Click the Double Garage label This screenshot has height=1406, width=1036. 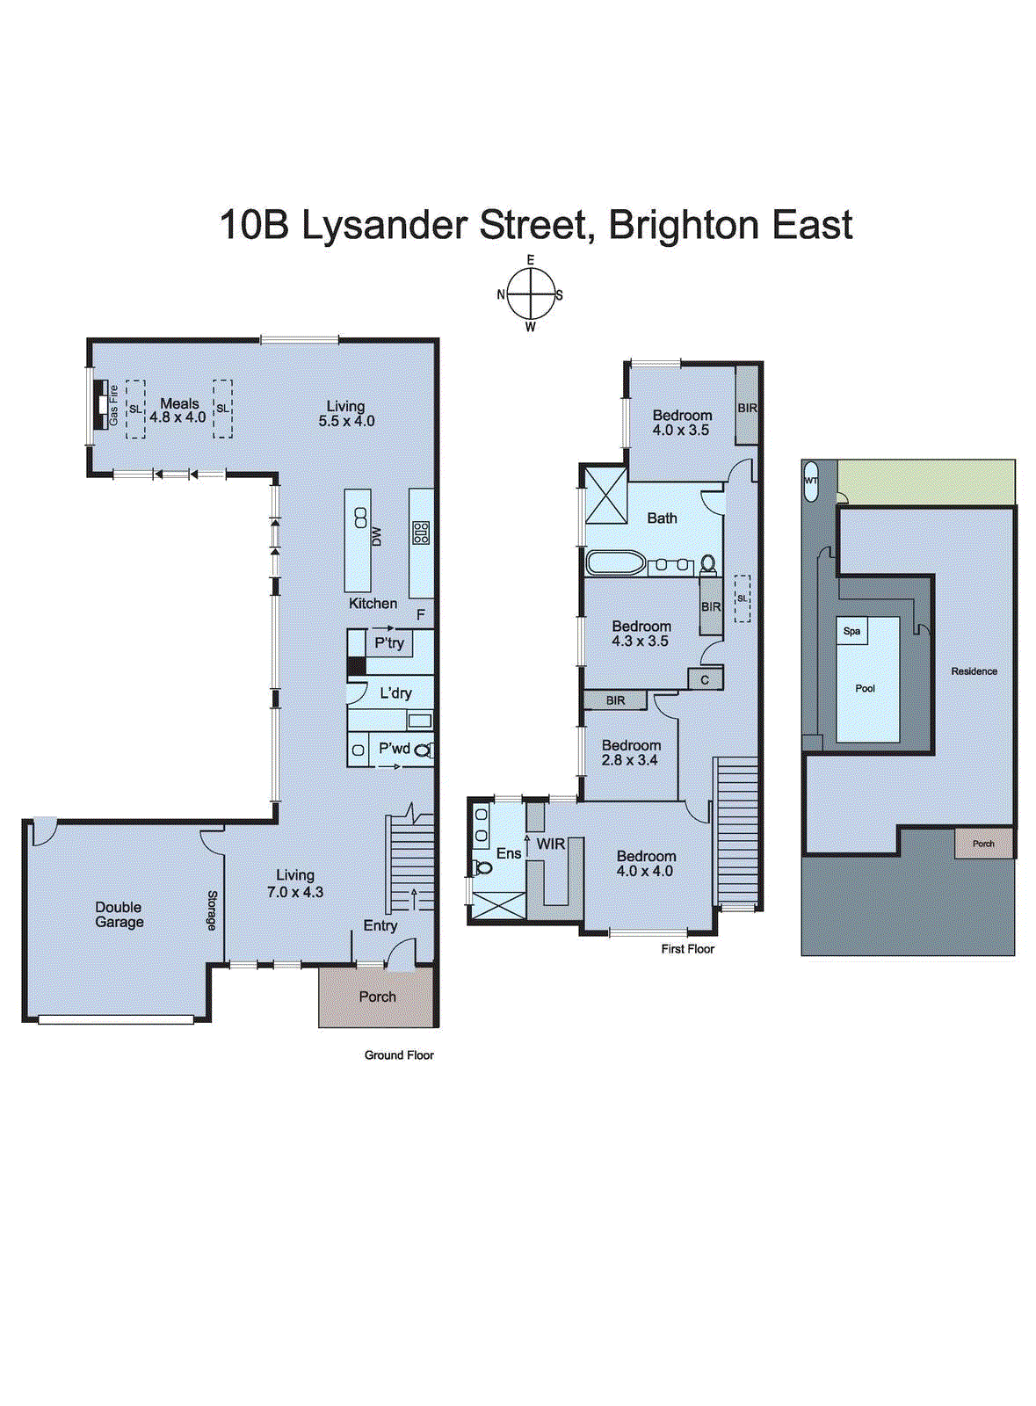pos(119,915)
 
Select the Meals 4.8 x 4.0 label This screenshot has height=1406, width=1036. pos(178,410)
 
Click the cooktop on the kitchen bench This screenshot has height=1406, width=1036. pos(421,533)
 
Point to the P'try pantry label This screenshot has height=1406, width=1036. pos(389,643)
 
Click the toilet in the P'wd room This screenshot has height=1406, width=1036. pos(424,750)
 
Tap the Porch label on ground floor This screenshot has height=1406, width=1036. pos(377,997)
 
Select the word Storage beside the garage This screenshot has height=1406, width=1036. pos(212,910)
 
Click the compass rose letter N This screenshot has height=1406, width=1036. pos(501,294)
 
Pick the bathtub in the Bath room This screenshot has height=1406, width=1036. pos(615,563)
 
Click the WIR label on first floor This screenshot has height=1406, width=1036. pos(551,844)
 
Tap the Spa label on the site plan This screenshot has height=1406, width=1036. pos(851,631)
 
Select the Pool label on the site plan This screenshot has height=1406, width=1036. pos(865,688)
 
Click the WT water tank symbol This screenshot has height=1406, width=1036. pos(811,482)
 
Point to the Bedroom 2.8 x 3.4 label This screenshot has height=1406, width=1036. pos(630,752)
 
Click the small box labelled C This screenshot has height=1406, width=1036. pos(705,679)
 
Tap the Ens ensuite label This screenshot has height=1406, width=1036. pos(508,853)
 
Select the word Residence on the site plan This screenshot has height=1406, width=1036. pos(974,670)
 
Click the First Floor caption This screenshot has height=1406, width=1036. pos(687,949)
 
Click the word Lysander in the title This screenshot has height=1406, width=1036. pos(382,225)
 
